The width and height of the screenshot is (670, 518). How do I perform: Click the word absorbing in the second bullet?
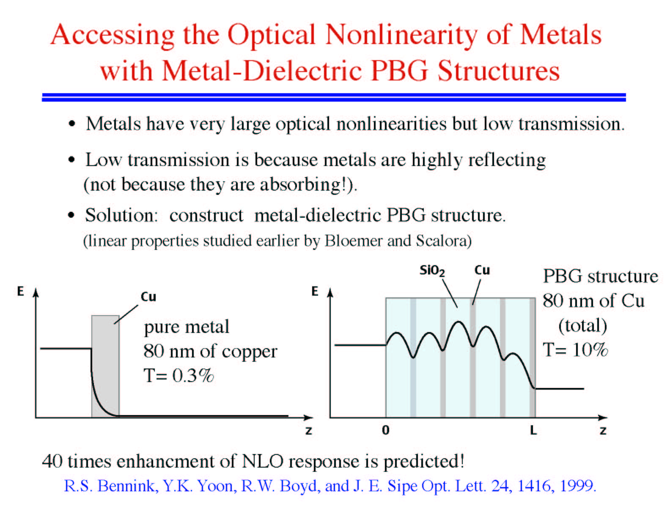pos(299,185)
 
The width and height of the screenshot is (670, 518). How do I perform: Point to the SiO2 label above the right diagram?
pos(432,271)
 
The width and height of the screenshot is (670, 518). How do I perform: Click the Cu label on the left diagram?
pos(148,297)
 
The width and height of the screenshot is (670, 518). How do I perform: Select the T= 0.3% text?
pos(178,376)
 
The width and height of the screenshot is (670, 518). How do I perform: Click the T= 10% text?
pos(575,350)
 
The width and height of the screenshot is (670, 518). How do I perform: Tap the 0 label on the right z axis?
pos(385,430)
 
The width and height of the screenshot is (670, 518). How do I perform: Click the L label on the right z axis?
pos(533,430)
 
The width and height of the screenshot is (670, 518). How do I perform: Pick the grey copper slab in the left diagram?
pos(105,366)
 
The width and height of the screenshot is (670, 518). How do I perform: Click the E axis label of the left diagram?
pos(20,291)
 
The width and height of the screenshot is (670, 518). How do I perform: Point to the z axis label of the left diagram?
pos(309,431)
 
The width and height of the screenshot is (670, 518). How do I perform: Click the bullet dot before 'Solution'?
pos(71,215)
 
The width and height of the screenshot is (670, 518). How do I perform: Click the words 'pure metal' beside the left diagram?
pos(187,327)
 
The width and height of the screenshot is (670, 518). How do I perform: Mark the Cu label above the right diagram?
pos(482,270)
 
